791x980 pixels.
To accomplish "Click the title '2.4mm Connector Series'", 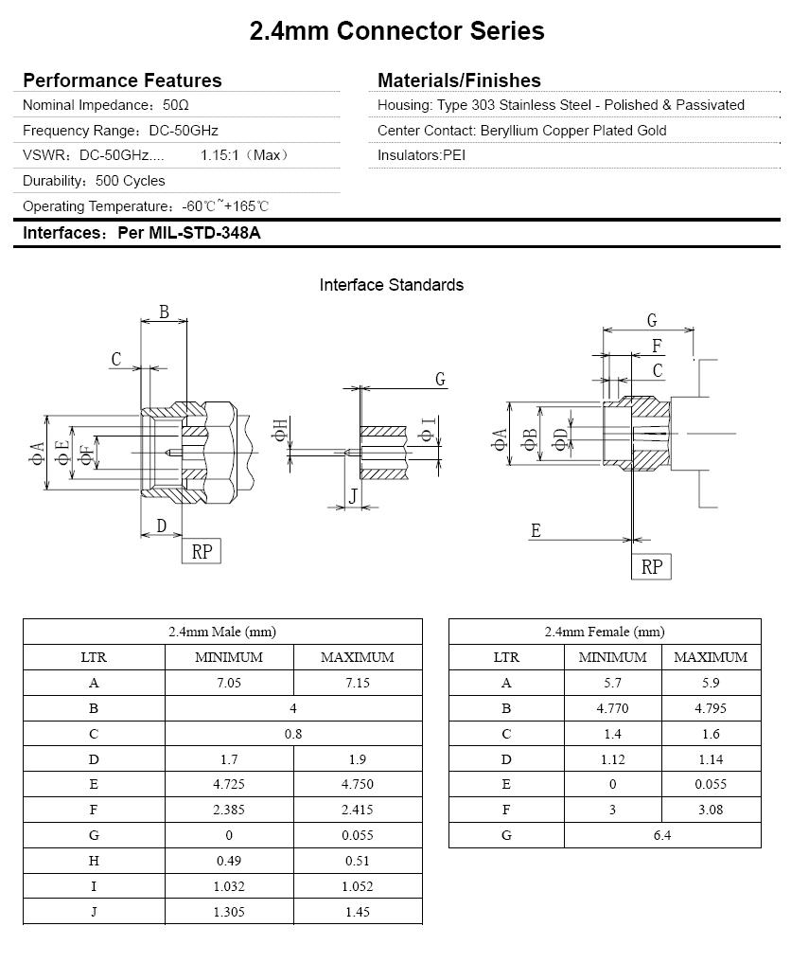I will click(x=396, y=31).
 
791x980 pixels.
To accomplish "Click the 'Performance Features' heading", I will click(x=122, y=80).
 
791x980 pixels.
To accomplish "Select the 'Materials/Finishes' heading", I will click(x=459, y=80).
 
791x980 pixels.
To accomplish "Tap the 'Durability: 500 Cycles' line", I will click(x=94, y=181).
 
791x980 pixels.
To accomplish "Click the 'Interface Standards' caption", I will click(x=392, y=285).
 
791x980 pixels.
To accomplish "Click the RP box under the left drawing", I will click(x=202, y=551).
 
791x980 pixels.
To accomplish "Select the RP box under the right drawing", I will click(x=652, y=566).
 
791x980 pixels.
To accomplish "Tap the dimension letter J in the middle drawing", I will click(x=353, y=495).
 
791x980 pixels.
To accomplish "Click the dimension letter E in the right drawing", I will click(x=536, y=531).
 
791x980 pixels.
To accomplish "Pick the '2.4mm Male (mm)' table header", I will click(x=222, y=632).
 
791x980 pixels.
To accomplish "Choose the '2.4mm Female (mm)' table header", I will click(x=605, y=632).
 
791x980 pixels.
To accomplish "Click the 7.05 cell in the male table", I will click(x=229, y=683).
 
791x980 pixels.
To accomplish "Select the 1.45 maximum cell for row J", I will click(x=358, y=912).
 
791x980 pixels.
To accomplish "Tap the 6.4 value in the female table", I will click(x=661, y=835).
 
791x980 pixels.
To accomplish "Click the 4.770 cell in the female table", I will click(x=612, y=708).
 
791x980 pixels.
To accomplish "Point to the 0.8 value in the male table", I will click(x=293, y=734).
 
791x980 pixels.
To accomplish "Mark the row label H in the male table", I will click(x=94, y=861).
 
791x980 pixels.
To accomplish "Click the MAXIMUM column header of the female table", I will click(x=710, y=657).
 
